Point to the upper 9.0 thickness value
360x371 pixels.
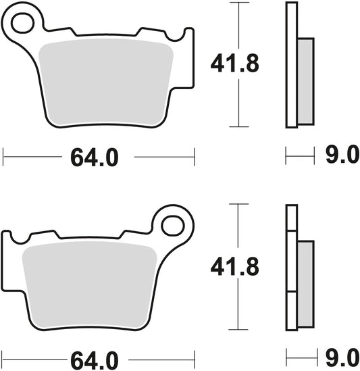coord(342,157)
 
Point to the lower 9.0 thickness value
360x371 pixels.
coord(342,355)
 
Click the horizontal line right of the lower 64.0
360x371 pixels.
coord(162,355)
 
